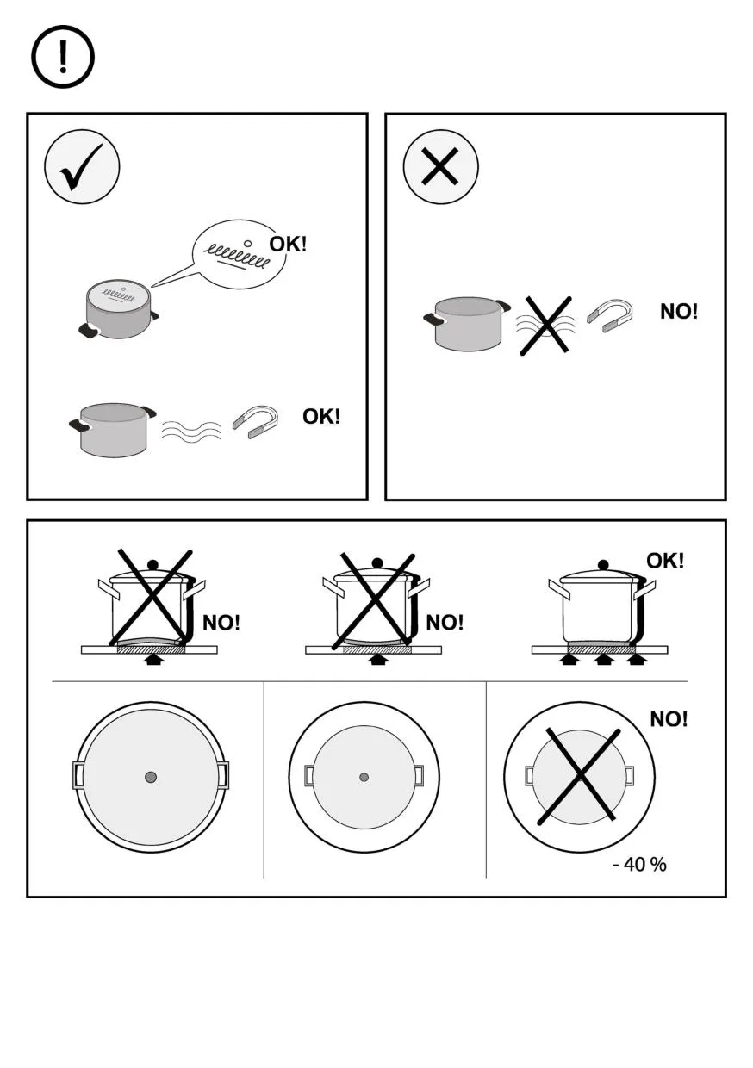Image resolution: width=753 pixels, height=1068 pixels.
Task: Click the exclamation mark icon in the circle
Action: tap(63, 58)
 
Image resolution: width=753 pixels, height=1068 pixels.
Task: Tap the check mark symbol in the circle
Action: tap(82, 167)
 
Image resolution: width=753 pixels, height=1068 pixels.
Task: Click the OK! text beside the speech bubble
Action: tap(288, 244)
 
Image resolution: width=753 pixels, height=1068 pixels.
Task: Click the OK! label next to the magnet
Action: tap(320, 417)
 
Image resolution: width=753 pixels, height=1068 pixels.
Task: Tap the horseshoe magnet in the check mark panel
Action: tap(256, 421)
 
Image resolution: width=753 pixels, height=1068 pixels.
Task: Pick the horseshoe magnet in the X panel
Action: tap(610, 313)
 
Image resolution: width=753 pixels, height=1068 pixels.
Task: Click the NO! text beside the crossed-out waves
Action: tap(679, 312)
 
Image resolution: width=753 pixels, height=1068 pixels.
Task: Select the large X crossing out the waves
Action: tap(545, 325)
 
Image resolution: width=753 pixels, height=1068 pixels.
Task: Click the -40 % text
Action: tap(639, 864)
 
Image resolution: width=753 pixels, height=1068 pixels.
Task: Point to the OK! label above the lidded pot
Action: tap(665, 561)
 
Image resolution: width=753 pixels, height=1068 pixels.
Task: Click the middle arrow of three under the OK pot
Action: tap(603, 660)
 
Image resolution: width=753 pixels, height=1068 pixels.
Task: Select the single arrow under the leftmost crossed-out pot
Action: tap(152, 660)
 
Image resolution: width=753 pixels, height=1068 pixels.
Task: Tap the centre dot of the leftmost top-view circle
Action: tap(151, 777)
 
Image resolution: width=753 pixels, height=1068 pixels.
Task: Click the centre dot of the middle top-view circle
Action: tap(364, 777)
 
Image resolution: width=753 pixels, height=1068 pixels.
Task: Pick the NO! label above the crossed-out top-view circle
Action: tap(669, 719)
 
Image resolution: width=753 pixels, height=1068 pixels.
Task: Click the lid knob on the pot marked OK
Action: tap(603, 564)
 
